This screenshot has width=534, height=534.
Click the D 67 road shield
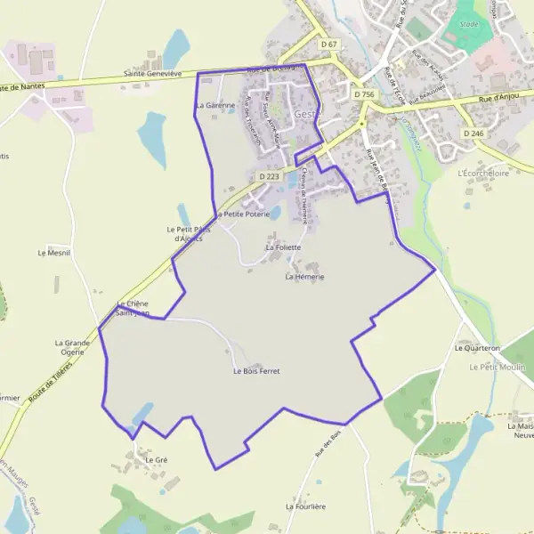330,44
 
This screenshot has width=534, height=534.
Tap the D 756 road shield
362,93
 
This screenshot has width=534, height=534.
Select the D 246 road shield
473,133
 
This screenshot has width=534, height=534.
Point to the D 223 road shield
269,176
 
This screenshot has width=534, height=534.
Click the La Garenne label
214,105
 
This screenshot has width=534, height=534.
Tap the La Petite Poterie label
241,214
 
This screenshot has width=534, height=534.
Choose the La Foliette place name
284,247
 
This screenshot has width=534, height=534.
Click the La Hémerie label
304,277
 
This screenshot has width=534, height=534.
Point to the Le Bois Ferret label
256,370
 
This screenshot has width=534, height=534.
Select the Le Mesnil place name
53,253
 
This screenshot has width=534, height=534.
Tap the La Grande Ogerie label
73,347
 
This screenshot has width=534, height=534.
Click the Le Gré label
156,459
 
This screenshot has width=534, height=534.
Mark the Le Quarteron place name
477,348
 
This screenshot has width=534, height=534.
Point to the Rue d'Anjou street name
498,100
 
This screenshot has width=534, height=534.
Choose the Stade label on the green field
469,25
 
